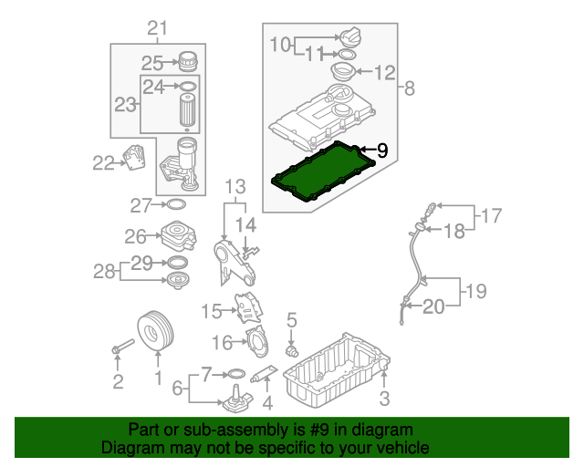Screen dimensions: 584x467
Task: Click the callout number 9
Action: click(382, 150)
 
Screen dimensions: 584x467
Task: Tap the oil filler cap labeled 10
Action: click(349, 36)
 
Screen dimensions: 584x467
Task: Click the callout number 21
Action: click(158, 28)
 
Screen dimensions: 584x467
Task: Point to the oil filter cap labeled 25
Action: click(188, 61)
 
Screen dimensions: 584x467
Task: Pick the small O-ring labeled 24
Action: click(188, 87)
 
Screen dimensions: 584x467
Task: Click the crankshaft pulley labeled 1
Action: click(156, 331)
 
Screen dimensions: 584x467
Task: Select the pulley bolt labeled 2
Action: click(123, 346)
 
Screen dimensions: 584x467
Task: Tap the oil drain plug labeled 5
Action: click(292, 350)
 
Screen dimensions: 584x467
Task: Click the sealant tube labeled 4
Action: click(264, 374)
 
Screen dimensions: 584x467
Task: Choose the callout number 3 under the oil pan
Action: click(384, 398)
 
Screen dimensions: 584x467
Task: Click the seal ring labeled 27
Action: click(176, 204)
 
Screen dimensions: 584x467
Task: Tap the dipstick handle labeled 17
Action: click(431, 208)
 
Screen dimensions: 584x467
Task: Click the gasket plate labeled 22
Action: click(134, 157)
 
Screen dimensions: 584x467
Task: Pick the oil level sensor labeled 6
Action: click(237, 400)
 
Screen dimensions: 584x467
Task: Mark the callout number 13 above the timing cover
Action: click(235, 187)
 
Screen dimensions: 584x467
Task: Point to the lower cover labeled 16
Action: click(257, 341)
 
